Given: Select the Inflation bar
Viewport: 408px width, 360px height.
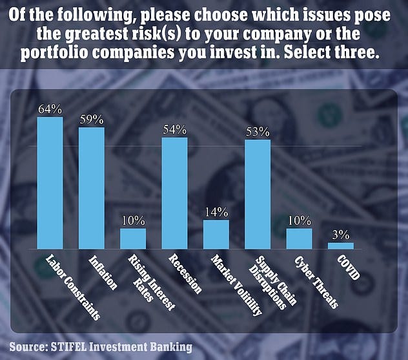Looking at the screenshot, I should [x=91, y=188].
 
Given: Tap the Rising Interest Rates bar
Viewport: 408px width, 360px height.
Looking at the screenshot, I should [x=133, y=238].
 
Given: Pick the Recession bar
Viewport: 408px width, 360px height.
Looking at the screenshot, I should [x=174, y=193].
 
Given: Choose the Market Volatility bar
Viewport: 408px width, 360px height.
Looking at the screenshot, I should [x=216, y=235].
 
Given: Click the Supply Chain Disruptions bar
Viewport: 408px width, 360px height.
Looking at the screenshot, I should [x=258, y=195].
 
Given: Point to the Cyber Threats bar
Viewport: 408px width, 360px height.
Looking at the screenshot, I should [x=299, y=238].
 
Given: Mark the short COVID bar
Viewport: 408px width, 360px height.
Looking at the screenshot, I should [x=340, y=246].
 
